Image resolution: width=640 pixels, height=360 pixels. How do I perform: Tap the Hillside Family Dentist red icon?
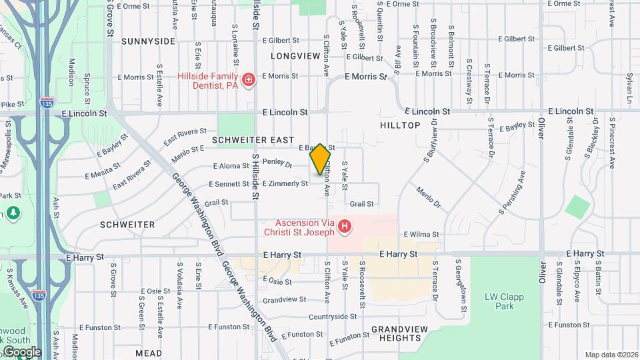click(249, 81)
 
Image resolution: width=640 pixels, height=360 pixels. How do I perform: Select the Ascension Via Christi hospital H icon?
click(345, 227)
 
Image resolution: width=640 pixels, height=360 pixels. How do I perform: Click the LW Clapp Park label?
click(504, 301)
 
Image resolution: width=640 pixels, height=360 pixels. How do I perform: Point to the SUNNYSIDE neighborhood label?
click(148, 41)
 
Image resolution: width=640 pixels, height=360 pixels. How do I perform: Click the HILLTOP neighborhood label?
click(400, 125)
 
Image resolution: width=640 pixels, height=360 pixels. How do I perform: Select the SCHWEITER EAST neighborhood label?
click(253, 141)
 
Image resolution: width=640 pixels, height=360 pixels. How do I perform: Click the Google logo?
click(21, 352)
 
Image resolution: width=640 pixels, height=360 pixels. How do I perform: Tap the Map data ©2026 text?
click(611, 355)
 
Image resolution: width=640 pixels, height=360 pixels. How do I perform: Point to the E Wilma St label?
click(421, 235)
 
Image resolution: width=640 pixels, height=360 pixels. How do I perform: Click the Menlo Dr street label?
click(429, 198)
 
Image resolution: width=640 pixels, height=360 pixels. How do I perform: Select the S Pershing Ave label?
click(512, 193)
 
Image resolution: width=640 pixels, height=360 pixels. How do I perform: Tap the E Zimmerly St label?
click(285, 183)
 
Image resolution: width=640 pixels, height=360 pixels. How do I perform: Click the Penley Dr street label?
click(277, 162)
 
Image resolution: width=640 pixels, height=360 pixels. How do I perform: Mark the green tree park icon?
click(13, 213)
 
